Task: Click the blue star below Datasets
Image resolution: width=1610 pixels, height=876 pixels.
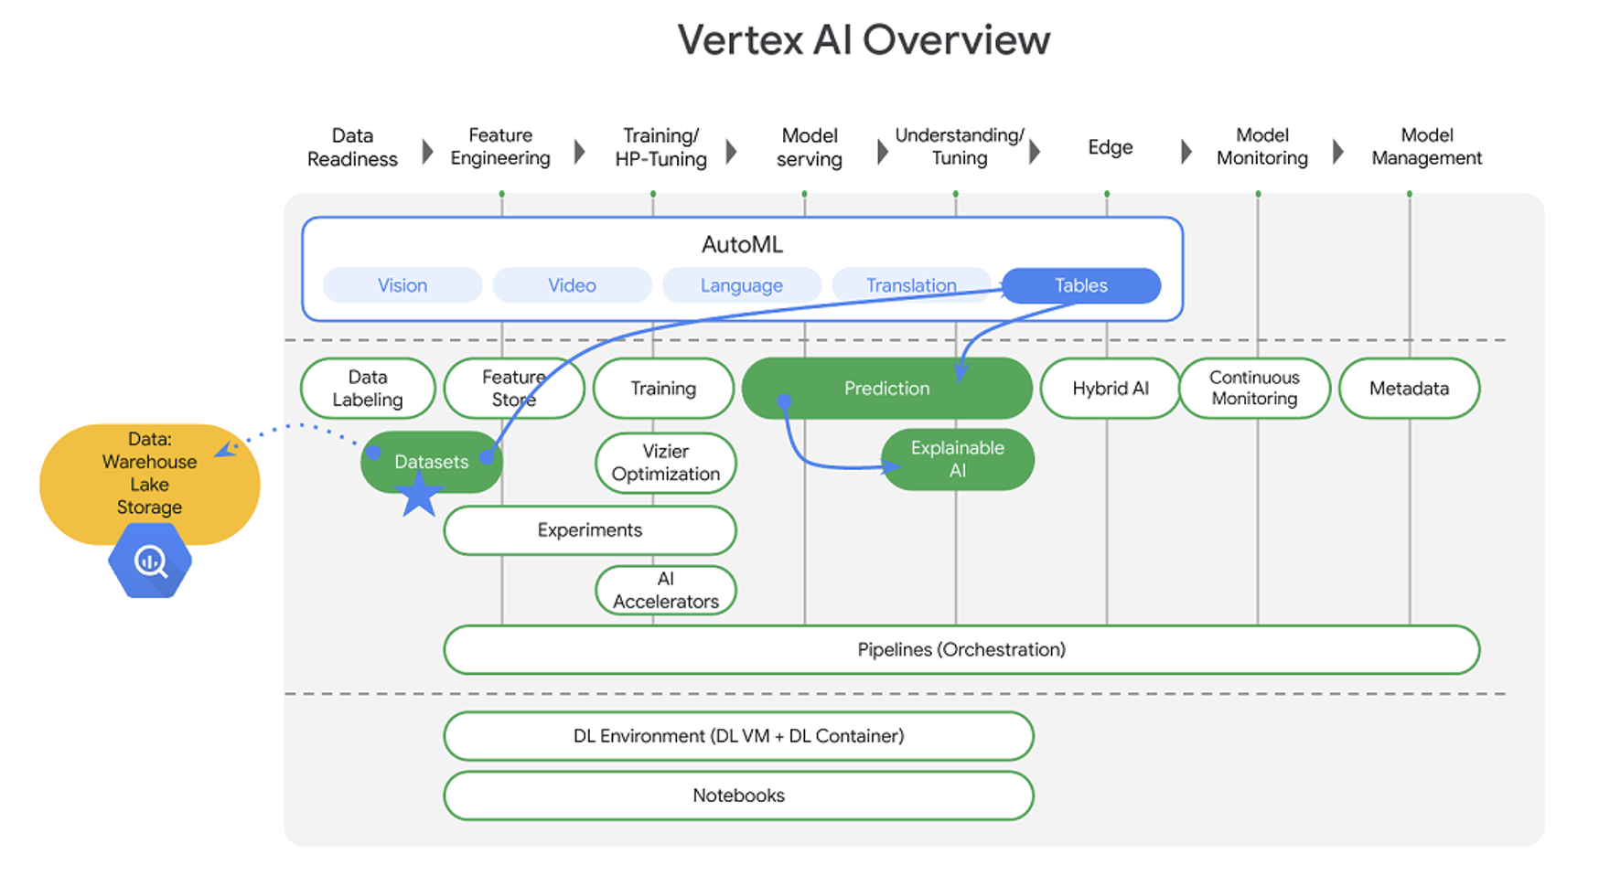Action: (x=420, y=495)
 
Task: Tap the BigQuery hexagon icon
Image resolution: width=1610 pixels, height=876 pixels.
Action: (x=150, y=561)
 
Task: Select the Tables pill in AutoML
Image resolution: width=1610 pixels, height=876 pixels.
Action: (x=1081, y=285)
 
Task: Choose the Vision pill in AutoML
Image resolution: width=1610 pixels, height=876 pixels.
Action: (x=402, y=285)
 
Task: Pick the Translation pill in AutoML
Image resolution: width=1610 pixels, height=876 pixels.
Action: (x=911, y=285)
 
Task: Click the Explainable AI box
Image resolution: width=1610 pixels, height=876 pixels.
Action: (x=957, y=459)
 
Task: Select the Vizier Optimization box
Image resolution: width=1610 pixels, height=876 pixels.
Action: (x=665, y=463)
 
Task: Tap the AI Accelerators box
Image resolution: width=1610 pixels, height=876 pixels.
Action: (x=665, y=590)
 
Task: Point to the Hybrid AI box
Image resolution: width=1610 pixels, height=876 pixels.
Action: (x=1110, y=389)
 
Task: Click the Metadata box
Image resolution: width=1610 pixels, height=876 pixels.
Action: (x=1409, y=389)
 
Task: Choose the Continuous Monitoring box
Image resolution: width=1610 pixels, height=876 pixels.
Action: (x=1254, y=389)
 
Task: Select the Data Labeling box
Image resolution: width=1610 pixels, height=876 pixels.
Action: (x=368, y=389)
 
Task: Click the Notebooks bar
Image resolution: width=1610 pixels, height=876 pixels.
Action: (x=738, y=796)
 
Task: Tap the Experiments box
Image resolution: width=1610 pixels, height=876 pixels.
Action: (x=590, y=530)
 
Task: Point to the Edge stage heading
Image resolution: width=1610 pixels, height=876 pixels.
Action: (x=1110, y=147)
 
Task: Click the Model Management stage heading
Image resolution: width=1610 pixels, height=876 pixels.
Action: (x=1426, y=147)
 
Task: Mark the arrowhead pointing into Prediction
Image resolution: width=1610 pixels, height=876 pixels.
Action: (x=961, y=373)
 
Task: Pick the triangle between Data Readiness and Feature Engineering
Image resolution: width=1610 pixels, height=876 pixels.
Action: (x=427, y=151)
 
